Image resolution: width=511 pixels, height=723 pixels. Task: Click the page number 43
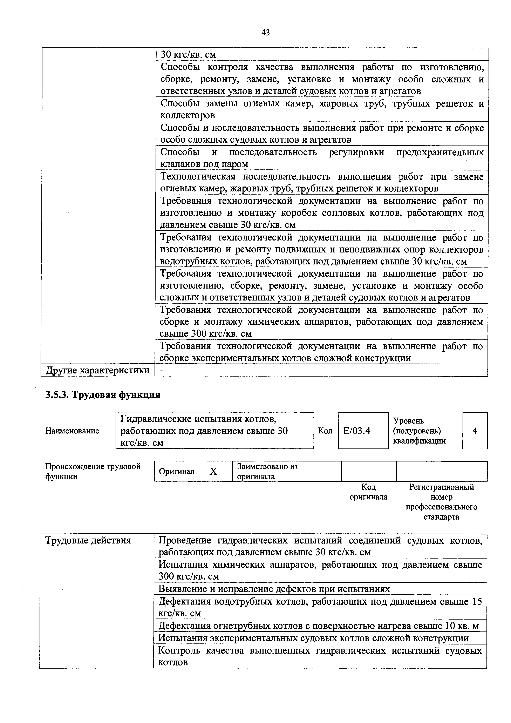(x=265, y=32)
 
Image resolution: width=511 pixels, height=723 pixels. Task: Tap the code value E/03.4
(x=357, y=431)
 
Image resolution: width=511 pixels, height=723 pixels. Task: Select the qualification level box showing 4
(x=475, y=431)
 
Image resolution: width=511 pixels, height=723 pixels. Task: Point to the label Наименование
(x=72, y=431)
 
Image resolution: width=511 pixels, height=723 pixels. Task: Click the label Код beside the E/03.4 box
(x=325, y=431)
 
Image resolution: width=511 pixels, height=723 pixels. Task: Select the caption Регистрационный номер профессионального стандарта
(x=441, y=502)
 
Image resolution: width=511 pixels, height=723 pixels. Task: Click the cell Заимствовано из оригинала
(x=267, y=471)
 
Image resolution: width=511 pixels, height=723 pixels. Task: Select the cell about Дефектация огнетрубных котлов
(x=318, y=626)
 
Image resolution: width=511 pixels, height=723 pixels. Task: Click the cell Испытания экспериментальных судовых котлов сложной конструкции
(x=313, y=638)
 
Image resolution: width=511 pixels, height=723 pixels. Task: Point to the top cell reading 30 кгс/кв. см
(x=188, y=54)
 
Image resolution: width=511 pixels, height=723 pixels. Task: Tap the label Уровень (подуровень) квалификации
(x=419, y=431)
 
